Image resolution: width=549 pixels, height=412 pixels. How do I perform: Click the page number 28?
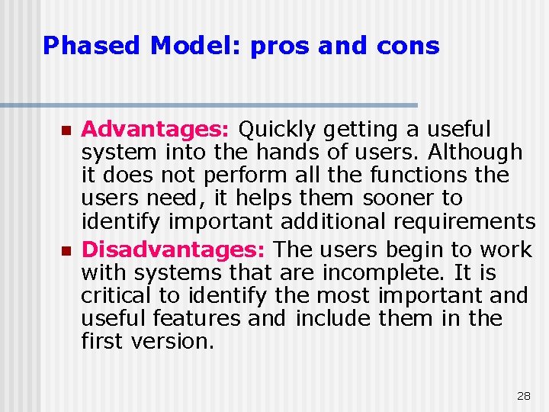tap(523, 396)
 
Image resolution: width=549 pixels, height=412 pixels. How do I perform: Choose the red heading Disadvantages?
tap(175, 249)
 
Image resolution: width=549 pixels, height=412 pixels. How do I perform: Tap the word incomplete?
tap(385, 272)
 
